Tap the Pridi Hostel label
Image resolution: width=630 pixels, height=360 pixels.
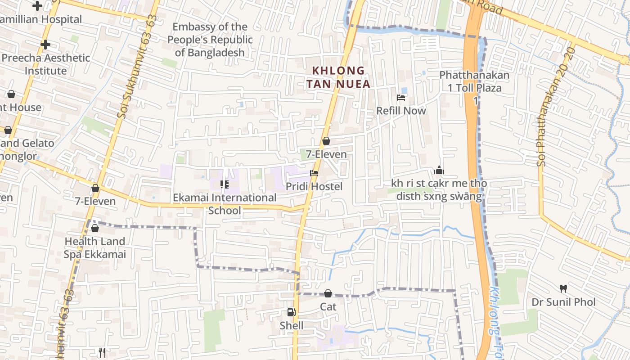pyautogui.click(x=314, y=186)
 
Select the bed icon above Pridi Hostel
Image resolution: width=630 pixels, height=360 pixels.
pyautogui.click(x=314, y=173)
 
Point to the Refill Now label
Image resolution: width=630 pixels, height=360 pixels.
pyautogui.click(x=401, y=111)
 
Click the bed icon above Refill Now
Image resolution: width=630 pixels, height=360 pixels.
pyautogui.click(x=401, y=98)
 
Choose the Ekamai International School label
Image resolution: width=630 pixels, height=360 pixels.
pyautogui.click(x=225, y=204)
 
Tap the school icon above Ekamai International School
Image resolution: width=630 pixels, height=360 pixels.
pyautogui.click(x=224, y=184)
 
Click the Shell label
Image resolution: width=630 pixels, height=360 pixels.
pyautogui.click(x=292, y=325)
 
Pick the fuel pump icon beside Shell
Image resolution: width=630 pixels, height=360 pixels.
pyautogui.click(x=292, y=312)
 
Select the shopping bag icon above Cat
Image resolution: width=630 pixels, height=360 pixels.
pyautogui.click(x=328, y=293)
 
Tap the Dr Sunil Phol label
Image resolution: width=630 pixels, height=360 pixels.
pyautogui.click(x=563, y=302)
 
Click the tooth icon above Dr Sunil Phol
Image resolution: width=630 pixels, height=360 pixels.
pyautogui.click(x=563, y=288)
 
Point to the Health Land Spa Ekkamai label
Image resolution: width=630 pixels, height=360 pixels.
pyautogui.click(x=94, y=248)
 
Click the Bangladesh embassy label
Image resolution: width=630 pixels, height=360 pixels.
pyautogui.click(x=210, y=40)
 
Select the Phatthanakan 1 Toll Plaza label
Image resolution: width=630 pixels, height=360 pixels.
pyautogui.click(x=475, y=81)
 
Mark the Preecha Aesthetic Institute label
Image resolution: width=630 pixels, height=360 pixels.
pyautogui.click(x=46, y=64)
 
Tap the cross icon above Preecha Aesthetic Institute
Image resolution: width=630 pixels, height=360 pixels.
pyautogui.click(x=45, y=45)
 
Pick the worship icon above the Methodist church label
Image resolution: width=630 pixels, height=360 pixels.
pyautogui.click(x=439, y=170)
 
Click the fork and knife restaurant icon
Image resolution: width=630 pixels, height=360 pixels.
pyautogui.click(x=102, y=352)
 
